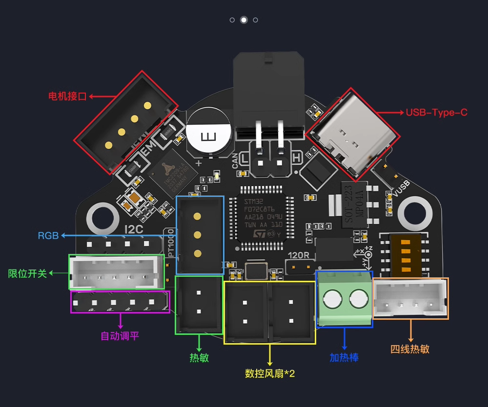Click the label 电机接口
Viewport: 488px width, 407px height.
coord(67,96)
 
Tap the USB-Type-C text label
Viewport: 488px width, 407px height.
coord(436,113)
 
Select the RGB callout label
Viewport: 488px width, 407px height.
coord(48,236)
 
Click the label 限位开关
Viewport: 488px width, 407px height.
coord(28,273)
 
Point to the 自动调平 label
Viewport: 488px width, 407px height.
coord(120,336)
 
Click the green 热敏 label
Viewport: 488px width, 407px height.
coord(199,357)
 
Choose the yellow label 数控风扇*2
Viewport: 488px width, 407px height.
coord(270,374)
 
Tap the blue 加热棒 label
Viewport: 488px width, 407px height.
coord(344,357)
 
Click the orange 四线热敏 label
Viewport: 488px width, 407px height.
coord(410,349)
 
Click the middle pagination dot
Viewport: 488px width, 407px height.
coord(244,20)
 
